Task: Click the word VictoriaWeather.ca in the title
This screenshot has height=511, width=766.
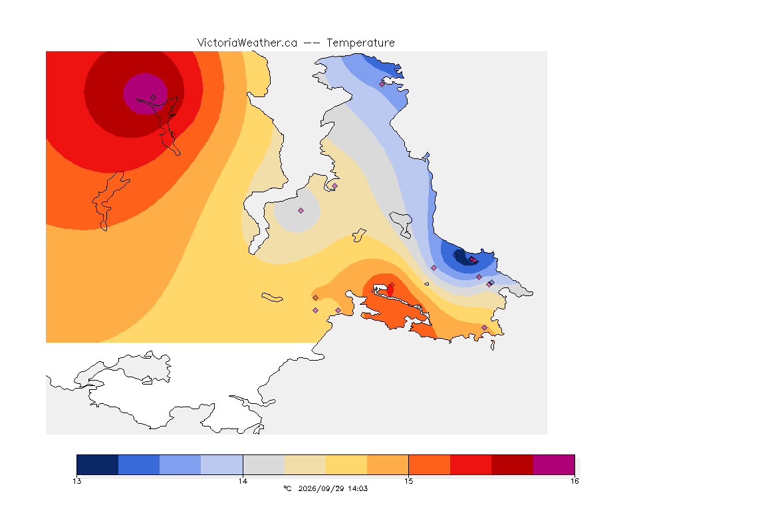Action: pyautogui.click(x=247, y=43)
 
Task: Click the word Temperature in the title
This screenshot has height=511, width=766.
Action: pyautogui.click(x=360, y=43)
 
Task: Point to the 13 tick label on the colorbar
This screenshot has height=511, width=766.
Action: pyautogui.click(x=76, y=481)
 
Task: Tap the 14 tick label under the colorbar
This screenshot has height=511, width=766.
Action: pyautogui.click(x=243, y=481)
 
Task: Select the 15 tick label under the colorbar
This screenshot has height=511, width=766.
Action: pyautogui.click(x=408, y=481)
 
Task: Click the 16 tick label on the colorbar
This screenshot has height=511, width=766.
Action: pyautogui.click(x=574, y=481)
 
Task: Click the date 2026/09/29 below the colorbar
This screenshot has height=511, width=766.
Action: pyautogui.click(x=320, y=488)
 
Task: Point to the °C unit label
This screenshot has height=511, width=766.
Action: pyautogui.click(x=287, y=488)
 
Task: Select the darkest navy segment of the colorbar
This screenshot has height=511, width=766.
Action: pyautogui.click(x=97, y=464)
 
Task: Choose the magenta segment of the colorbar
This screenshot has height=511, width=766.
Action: pyautogui.click(x=554, y=464)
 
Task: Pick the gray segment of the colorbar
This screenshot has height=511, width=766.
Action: pyautogui.click(x=263, y=464)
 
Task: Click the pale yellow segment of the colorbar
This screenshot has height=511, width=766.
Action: pyautogui.click(x=346, y=464)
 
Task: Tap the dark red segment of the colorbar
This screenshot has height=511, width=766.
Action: pyautogui.click(x=512, y=464)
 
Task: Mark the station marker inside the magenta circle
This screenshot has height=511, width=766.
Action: pyautogui.click(x=154, y=98)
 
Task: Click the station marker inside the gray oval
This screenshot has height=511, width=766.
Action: pyautogui.click(x=301, y=211)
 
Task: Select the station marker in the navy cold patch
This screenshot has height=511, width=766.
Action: pyautogui.click(x=455, y=255)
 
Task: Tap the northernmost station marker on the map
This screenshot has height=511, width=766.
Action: pyautogui.click(x=382, y=84)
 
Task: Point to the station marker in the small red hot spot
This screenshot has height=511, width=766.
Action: pyautogui.click(x=392, y=285)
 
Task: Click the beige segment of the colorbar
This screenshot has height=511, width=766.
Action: pyautogui.click(x=305, y=464)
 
